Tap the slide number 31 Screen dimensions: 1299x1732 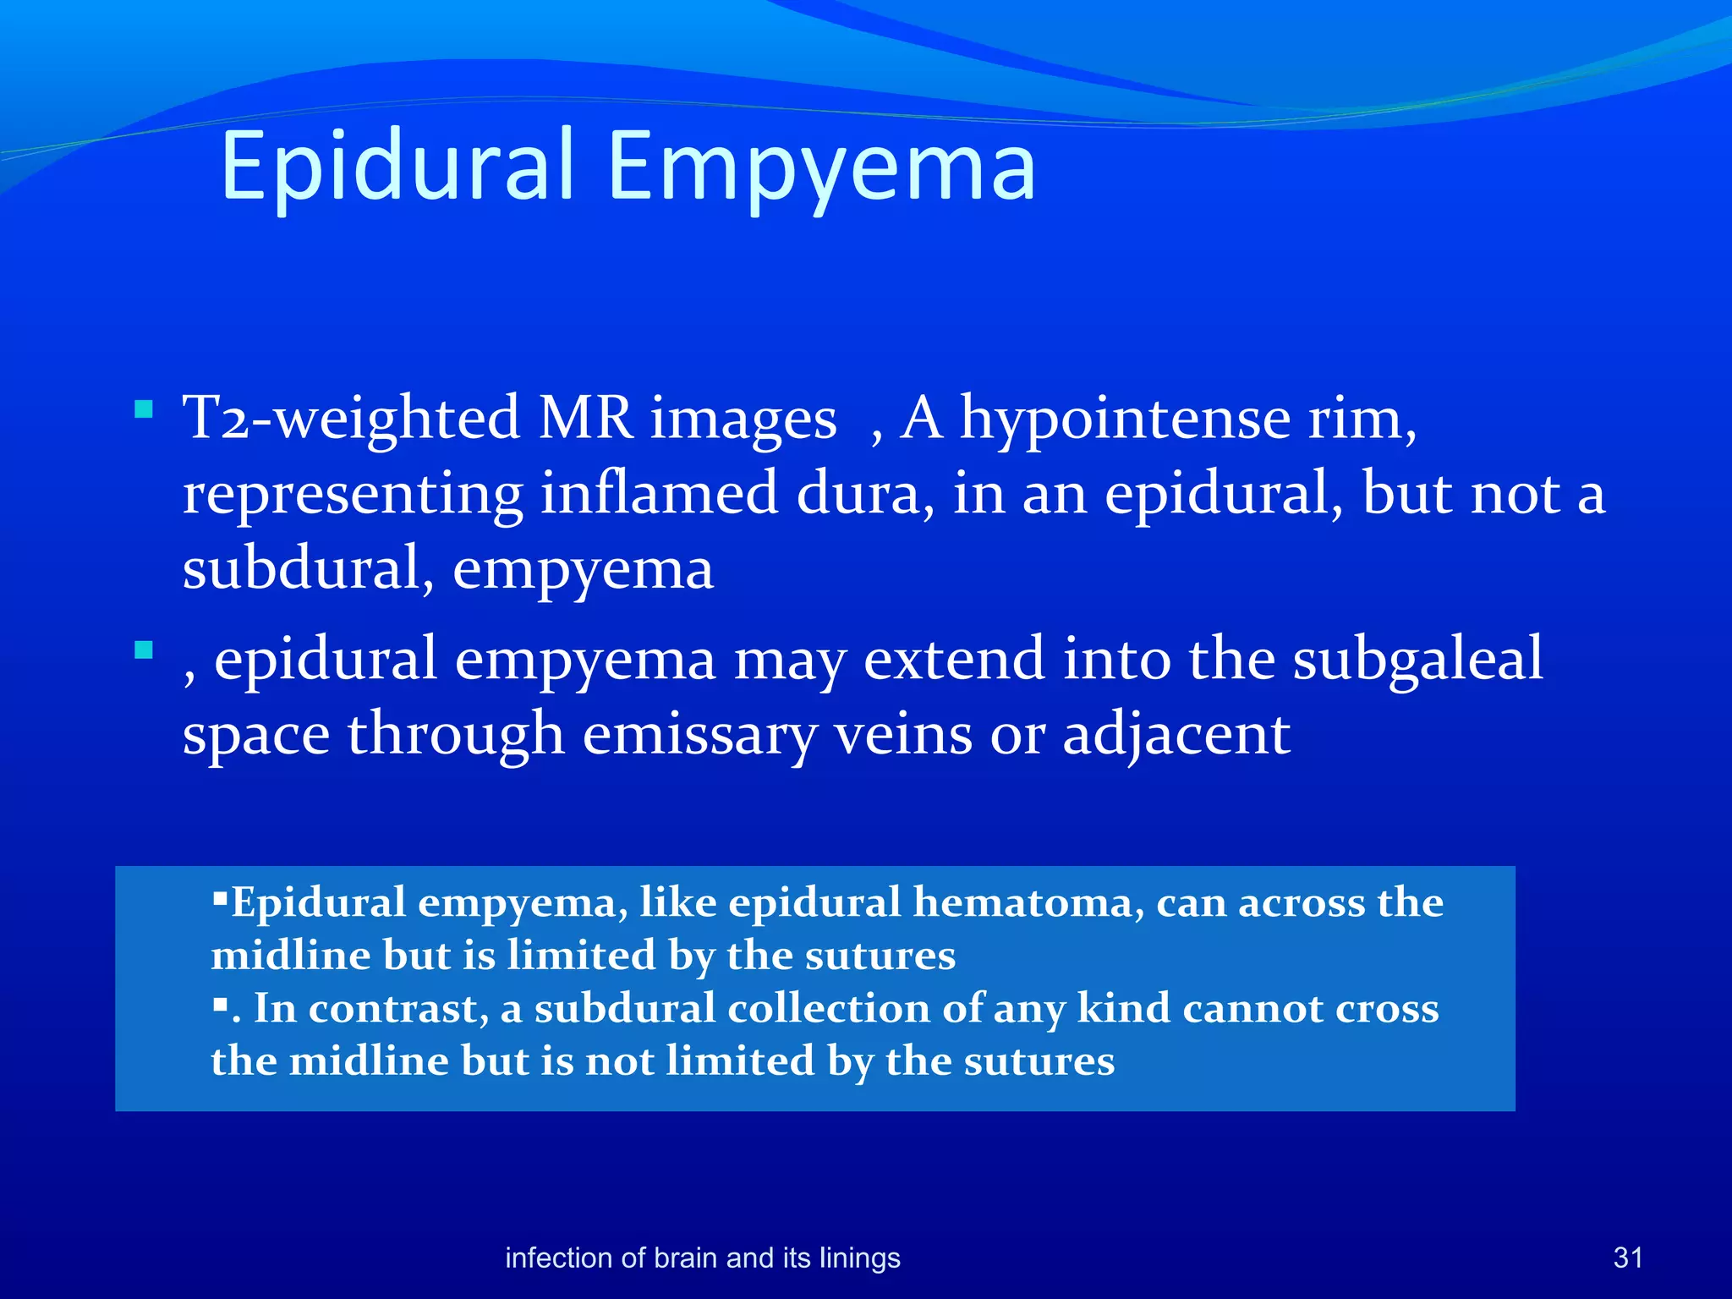[1628, 1258]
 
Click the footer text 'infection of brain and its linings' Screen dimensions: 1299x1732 [702, 1258]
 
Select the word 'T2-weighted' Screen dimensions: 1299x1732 [350, 419]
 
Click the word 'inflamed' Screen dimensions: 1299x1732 [659, 494]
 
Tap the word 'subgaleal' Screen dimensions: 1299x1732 [1417, 660]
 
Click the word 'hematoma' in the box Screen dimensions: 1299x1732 [1023, 902]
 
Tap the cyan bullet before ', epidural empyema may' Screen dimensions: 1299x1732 [143, 650]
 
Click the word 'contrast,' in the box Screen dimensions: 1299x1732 [398, 1008]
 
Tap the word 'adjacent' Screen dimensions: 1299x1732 [1176, 734]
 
